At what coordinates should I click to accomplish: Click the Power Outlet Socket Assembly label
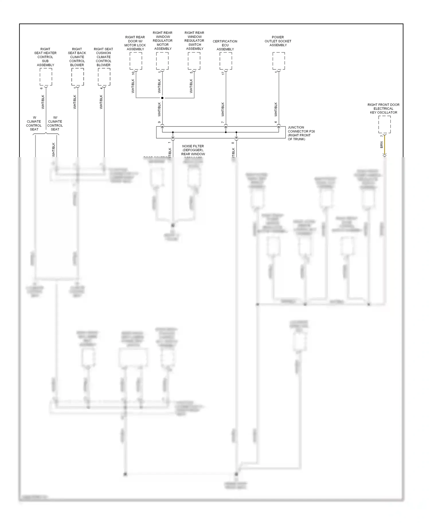[x=278, y=41]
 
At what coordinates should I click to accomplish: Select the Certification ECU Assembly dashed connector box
[x=226, y=61]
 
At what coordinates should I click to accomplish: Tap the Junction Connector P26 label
[x=301, y=133]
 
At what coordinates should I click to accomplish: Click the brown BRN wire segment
[x=385, y=145]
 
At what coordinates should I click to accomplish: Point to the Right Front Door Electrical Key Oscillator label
[x=383, y=109]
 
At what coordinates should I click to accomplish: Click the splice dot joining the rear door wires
[x=162, y=98]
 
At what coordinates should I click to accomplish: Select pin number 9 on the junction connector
[x=159, y=122]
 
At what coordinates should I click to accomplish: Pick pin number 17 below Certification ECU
[x=223, y=73]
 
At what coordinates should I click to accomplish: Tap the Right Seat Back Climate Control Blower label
[x=77, y=57]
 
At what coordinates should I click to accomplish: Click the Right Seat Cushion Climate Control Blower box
[x=104, y=77]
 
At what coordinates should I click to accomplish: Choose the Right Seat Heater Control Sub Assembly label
[x=45, y=57]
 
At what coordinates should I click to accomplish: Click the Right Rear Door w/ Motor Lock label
[x=135, y=43]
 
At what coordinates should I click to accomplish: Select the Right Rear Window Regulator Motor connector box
[x=162, y=61]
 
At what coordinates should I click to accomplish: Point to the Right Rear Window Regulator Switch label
[x=194, y=41]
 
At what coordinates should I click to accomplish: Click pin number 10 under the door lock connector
[x=133, y=73]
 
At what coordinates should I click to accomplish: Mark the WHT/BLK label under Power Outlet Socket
[x=276, y=109]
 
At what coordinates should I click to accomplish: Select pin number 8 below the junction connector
[x=233, y=143]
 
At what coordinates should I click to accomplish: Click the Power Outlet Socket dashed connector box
[x=279, y=61]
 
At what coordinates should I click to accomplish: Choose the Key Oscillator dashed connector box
[x=384, y=124]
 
